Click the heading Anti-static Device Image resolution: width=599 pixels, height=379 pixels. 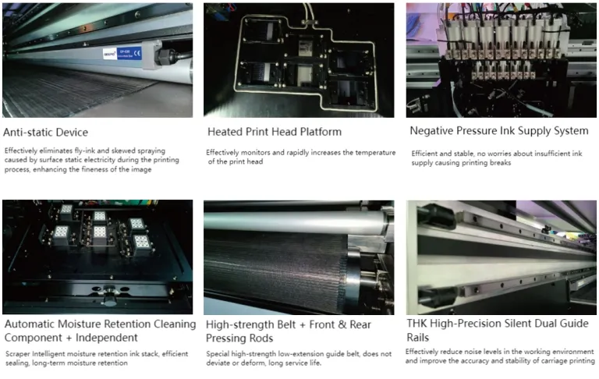[46, 132]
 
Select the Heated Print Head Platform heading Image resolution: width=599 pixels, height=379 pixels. [274, 132]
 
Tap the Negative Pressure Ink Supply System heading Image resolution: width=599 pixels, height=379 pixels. [499, 130]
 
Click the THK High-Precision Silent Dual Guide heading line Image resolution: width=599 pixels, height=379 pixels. [499, 324]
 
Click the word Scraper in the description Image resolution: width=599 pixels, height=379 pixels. [18, 353]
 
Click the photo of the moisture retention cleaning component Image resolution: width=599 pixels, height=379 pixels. [97, 257]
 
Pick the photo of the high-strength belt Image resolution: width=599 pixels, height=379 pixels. [298, 257]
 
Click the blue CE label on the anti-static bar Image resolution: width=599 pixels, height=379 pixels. [137, 53]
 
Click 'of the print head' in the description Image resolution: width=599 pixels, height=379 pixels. [239, 161]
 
